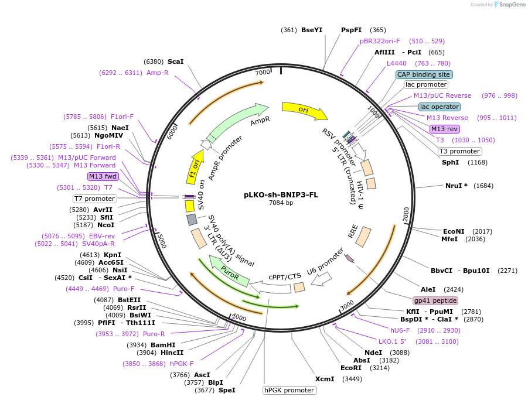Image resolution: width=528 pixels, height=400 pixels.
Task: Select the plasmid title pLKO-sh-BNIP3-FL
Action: coord(281,195)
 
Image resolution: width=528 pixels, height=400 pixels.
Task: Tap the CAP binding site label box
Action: coord(424,74)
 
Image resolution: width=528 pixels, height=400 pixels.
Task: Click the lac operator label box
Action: coord(440,107)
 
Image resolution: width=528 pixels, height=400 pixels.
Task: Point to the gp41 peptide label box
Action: coord(435,300)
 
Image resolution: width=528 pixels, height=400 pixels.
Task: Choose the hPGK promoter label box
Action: coord(289,390)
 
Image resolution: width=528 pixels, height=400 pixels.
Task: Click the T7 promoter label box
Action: coord(94,199)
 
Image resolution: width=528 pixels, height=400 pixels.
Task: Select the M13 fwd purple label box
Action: coord(103,176)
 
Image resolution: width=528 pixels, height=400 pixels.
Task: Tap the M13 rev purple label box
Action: coord(444,129)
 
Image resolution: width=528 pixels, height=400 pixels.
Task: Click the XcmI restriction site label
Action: coord(325,379)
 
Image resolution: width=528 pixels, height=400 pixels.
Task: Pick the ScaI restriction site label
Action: coord(175,61)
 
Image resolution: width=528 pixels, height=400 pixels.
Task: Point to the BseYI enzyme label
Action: coord(311,30)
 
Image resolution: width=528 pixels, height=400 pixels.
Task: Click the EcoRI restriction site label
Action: coord(350,368)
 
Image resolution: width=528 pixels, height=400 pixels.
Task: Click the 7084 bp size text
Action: coord(281,203)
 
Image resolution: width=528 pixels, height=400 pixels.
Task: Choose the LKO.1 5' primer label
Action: coord(392,341)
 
